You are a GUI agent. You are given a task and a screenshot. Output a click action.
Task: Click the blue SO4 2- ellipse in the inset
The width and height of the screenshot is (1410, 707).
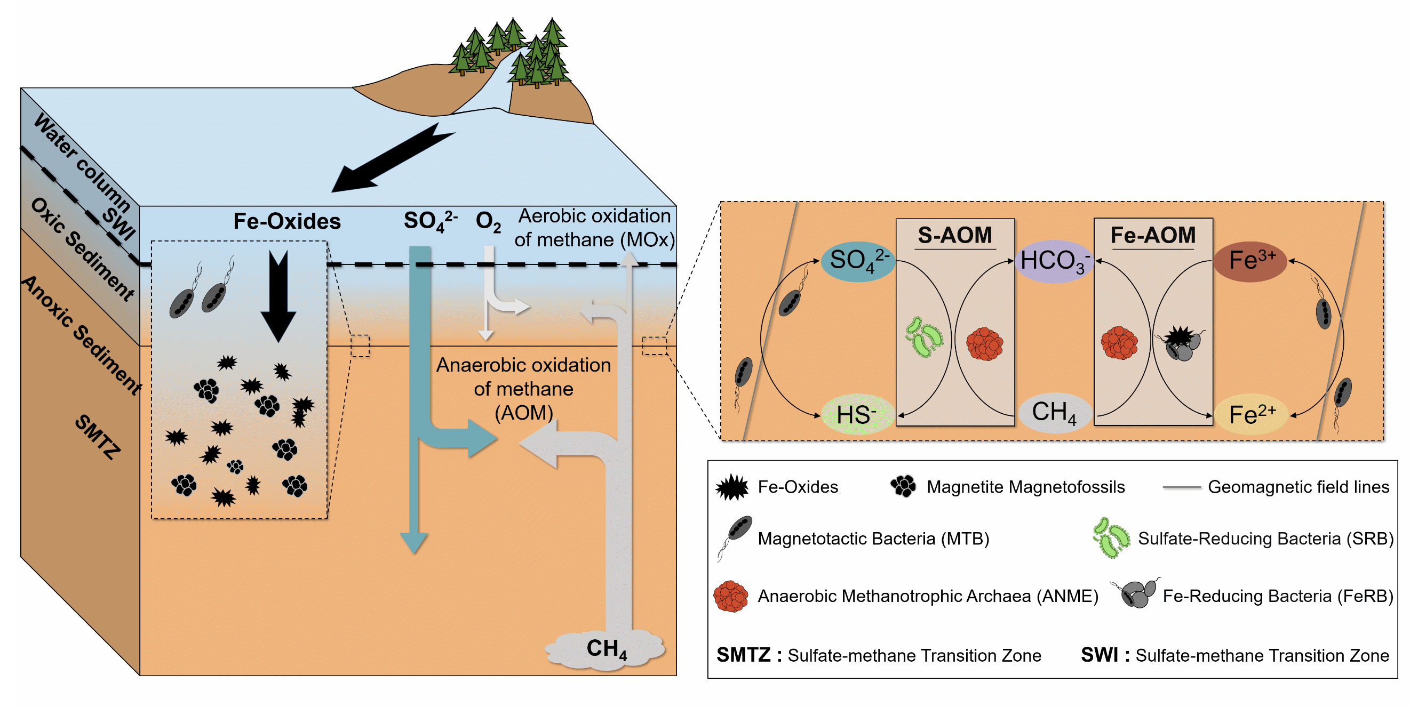click(x=858, y=261)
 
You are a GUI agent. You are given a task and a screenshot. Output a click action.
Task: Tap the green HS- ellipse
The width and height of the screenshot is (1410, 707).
click(x=857, y=414)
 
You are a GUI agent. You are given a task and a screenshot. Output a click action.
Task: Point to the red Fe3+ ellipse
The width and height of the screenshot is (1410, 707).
click(x=1250, y=261)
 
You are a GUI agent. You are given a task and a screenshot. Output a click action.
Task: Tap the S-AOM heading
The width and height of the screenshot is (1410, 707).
click(x=954, y=235)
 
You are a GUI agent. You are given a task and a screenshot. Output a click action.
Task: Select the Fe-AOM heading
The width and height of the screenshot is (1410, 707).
click(x=1153, y=235)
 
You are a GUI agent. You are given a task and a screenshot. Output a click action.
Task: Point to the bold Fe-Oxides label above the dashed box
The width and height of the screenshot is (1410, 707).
click(x=287, y=221)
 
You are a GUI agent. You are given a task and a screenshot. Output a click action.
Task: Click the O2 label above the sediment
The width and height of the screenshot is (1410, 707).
click(x=488, y=221)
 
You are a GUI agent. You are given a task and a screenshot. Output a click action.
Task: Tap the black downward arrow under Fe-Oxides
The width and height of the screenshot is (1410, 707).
click(x=278, y=295)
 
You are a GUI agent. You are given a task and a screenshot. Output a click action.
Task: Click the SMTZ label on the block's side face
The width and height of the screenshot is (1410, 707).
click(x=98, y=437)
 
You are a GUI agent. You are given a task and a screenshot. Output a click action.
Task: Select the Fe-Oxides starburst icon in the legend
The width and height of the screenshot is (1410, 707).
click(x=732, y=487)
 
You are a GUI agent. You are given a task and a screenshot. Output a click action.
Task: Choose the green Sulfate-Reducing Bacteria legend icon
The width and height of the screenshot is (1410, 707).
click(x=1111, y=538)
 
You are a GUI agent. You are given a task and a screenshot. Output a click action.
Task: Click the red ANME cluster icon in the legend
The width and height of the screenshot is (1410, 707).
click(x=731, y=596)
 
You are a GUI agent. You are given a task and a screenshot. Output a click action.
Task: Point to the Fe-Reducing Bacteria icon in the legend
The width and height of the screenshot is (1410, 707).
click(x=1136, y=593)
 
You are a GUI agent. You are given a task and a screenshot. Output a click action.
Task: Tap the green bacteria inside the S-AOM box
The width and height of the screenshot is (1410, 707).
click(x=924, y=338)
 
